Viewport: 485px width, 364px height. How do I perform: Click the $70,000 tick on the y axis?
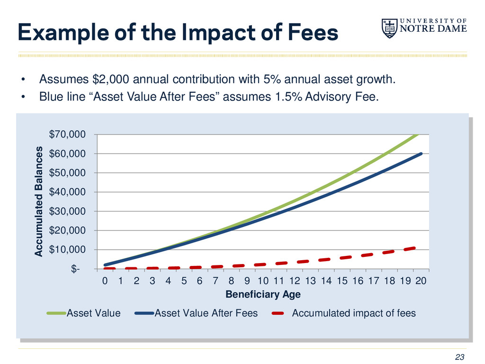(x=68, y=135)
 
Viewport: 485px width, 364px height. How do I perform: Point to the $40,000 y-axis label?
(x=68, y=192)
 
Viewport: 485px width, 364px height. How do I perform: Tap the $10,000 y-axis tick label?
(x=68, y=249)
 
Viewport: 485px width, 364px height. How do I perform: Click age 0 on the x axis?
(x=105, y=281)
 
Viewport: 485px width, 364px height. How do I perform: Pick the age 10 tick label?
(x=263, y=281)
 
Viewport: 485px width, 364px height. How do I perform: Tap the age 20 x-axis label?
(x=421, y=281)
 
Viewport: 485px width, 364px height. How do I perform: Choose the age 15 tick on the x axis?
(x=342, y=281)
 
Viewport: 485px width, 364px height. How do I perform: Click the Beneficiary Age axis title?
(x=263, y=294)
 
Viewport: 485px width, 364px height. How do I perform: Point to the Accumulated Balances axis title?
(x=38, y=201)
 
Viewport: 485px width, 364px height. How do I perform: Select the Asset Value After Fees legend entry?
(x=206, y=313)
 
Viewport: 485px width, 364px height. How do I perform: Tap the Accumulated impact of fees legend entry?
(x=354, y=313)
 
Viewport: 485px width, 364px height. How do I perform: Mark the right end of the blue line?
(x=421, y=154)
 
